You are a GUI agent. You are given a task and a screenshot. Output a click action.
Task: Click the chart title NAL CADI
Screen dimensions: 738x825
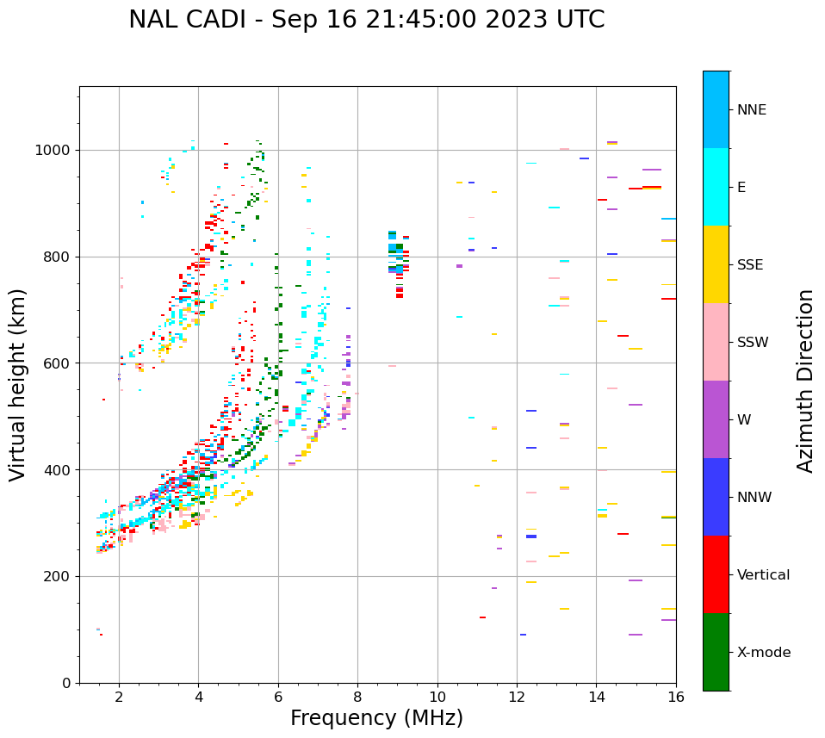tap(366, 20)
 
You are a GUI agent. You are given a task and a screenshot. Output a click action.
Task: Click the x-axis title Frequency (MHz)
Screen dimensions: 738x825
tap(376, 718)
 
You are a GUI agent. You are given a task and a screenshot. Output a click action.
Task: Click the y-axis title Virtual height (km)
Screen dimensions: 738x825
tap(18, 385)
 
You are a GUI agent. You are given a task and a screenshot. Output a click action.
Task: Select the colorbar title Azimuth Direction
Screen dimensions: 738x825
tap(805, 381)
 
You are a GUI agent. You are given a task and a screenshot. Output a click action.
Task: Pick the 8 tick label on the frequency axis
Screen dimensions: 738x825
tap(357, 697)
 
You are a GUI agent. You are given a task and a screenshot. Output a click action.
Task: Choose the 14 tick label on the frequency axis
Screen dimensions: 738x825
tap(596, 697)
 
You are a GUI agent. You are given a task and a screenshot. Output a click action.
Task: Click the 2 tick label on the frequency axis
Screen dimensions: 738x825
tap(119, 697)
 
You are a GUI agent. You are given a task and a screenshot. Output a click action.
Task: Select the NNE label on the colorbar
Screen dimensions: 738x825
tap(751, 110)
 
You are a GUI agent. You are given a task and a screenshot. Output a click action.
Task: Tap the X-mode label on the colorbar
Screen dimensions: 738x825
tap(763, 653)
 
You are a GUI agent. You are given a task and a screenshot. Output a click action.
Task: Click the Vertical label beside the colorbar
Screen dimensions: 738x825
tap(763, 575)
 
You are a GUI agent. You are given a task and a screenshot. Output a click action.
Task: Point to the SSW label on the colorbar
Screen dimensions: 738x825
tap(753, 343)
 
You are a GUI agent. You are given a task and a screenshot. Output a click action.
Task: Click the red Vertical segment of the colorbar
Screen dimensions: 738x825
tap(716, 574)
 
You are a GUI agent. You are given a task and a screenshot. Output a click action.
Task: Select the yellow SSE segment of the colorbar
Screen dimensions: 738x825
tap(716, 264)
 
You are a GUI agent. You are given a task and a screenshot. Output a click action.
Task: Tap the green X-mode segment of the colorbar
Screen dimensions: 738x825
tap(716, 652)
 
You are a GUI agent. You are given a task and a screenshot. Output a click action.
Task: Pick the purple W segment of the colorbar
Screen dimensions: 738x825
tap(716, 419)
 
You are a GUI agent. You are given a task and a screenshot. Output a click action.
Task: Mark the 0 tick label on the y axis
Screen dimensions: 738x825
tap(67, 683)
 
